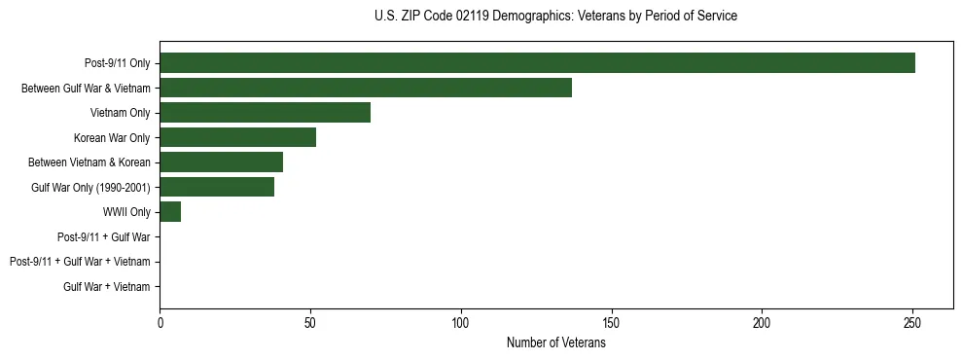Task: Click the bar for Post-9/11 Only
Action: click(537, 63)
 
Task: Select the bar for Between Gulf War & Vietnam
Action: click(366, 88)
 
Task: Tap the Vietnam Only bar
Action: click(265, 113)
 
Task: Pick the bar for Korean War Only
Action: click(237, 137)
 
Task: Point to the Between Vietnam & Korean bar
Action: click(221, 162)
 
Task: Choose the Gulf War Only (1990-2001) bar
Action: click(217, 187)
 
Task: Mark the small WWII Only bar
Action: click(170, 212)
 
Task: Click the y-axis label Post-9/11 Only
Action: click(117, 63)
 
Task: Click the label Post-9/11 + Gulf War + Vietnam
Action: click(80, 262)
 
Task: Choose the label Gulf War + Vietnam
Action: click(107, 287)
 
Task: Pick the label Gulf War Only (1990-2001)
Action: click(90, 188)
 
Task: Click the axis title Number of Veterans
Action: click(555, 342)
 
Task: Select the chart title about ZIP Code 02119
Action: click(555, 17)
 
